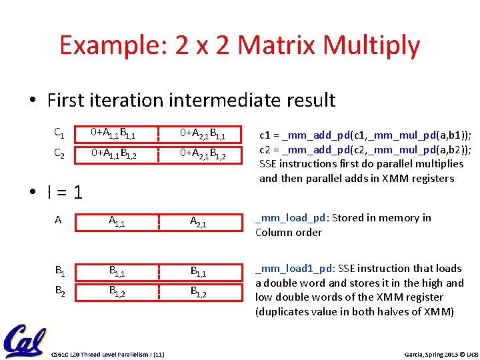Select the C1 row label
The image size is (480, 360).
click(59, 133)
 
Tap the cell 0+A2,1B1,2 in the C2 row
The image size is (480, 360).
click(203, 155)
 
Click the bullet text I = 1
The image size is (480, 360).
click(65, 192)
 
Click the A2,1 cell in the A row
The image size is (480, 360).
click(198, 222)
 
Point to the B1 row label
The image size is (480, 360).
click(59, 271)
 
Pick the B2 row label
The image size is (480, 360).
click(59, 291)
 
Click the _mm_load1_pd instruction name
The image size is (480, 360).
click(295, 269)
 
